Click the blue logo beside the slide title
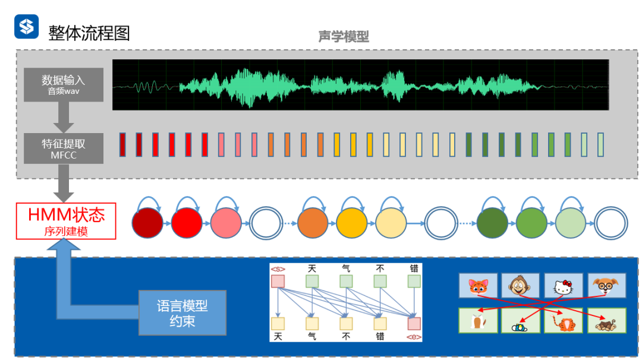tap(26, 27)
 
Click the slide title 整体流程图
tap(89, 32)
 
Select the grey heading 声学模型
tap(343, 37)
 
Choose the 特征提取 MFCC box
tap(64, 149)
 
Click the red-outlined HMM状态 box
tap(65, 221)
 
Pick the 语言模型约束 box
tap(182, 313)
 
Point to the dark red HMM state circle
tap(148, 224)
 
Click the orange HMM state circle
tap(313, 224)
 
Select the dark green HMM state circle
tap(492, 224)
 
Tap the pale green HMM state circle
tap(571, 224)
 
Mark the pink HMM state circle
tap(226, 224)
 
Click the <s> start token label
tap(278, 269)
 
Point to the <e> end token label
tap(414, 337)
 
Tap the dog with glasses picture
tap(606, 286)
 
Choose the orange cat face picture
tap(477, 286)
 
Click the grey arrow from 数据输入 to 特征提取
tap(64, 116)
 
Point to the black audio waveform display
tap(360, 84)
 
